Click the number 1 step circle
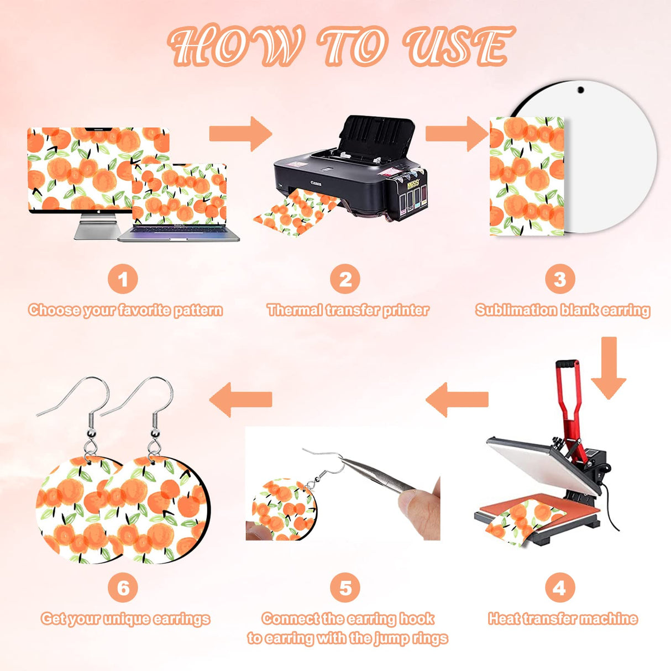[x=123, y=279]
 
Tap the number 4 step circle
[x=559, y=588]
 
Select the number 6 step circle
[x=123, y=588]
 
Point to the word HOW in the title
[x=237, y=46]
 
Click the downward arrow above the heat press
[x=609, y=368]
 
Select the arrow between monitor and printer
[x=240, y=134]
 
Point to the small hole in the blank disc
[x=581, y=90]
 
